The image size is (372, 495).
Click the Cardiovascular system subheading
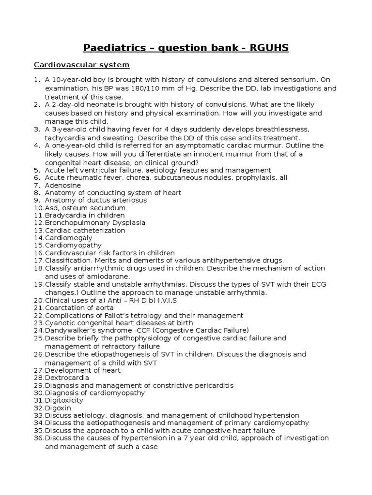[x=81, y=64]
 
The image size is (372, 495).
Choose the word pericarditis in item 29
[x=212, y=385]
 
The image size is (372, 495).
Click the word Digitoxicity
[x=64, y=400]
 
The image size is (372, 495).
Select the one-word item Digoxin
[x=58, y=408]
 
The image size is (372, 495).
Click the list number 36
[x=39, y=438]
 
